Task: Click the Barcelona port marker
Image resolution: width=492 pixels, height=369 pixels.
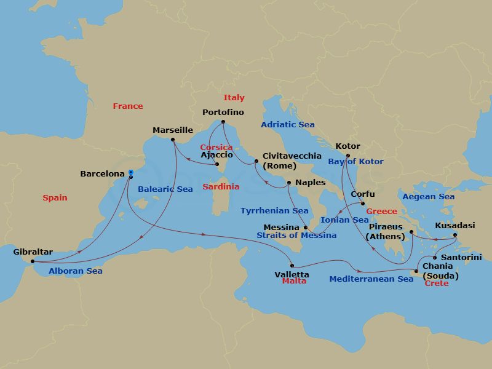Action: click(x=131, y=173)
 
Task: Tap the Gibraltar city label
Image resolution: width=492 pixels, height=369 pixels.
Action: click(x=33, y=252)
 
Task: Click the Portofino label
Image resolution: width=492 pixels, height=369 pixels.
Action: click(x=223, y=113)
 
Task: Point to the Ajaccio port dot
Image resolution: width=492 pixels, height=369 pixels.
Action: click(x=217, y=164)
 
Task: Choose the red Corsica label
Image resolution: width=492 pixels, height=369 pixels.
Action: click(x=216, y=148)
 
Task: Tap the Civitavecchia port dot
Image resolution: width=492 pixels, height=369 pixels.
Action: click(x=256, y=162)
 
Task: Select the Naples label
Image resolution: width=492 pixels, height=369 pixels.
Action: click(x=310, y=183)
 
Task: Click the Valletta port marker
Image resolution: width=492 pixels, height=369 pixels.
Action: click(x=292, y=266)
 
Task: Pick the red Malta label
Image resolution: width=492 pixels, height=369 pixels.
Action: click(x=294, y=281)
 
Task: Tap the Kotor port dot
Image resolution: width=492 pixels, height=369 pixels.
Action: click(x=347, y=156)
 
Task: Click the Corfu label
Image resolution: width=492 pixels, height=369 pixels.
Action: click(x=362, y=194)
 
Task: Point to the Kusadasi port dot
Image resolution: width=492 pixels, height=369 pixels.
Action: click(x=455, y=235)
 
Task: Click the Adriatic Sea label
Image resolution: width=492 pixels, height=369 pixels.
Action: click(x=287, y=125)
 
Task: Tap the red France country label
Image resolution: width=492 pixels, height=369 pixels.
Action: click(x=127, y=106)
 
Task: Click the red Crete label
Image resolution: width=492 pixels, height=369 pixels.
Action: click(x=437, y=284)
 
